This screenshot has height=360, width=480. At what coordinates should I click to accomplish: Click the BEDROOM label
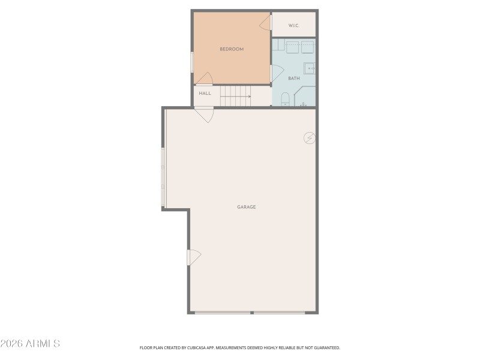(x=232, y=49)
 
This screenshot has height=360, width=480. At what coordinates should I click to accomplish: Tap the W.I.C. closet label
(x=293, y=25)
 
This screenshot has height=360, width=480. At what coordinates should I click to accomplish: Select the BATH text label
(x=294, y=79)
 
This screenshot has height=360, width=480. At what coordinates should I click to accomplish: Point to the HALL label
(x=205, y=94)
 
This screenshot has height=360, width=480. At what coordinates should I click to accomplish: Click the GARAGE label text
(x=246, y=207)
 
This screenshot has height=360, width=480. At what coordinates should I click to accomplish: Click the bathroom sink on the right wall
(x=309, y=67)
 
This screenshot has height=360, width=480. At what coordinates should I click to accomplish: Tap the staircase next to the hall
(x=235, y=95)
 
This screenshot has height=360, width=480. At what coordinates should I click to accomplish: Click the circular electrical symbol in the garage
(x=309, y=138)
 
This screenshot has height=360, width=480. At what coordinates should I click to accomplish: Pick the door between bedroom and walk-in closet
(x=266, y=22)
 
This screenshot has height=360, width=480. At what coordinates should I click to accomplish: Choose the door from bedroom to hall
(x=205, y=79)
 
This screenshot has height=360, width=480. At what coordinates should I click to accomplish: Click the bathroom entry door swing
(x=277, y=73)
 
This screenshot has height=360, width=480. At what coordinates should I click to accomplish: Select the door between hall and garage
(x=205, y=113)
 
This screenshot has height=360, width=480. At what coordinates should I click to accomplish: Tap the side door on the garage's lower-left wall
(x=193, y=257)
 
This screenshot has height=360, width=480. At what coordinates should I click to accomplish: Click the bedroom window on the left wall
(x=192, y=62)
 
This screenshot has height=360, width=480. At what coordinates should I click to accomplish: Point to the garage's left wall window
(x=163, y=178)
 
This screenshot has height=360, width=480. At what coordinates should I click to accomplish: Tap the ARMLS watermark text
(x=30, y=344)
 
